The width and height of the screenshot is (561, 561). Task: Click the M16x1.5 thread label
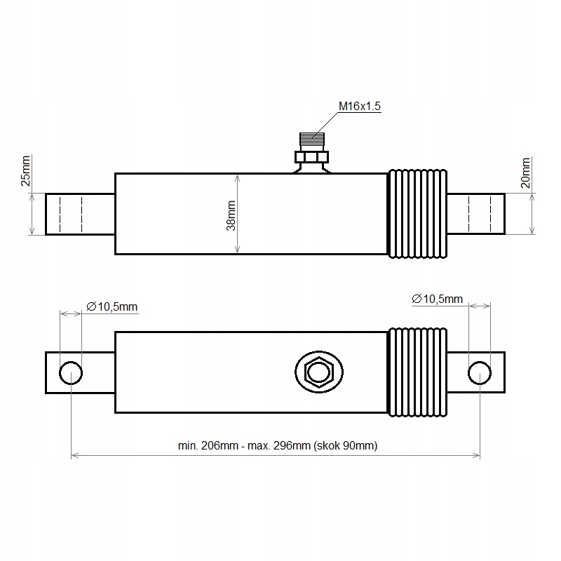(x=359, y=107)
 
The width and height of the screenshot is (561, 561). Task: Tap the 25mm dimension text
(x=25, y=171)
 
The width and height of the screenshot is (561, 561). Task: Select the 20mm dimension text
(x=525, y=173)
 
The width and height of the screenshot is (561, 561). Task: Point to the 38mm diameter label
(x=231, y=216)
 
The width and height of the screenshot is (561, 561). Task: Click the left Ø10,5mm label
(x=112, y=306)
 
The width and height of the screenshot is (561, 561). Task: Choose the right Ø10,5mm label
(x=437, y=299)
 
